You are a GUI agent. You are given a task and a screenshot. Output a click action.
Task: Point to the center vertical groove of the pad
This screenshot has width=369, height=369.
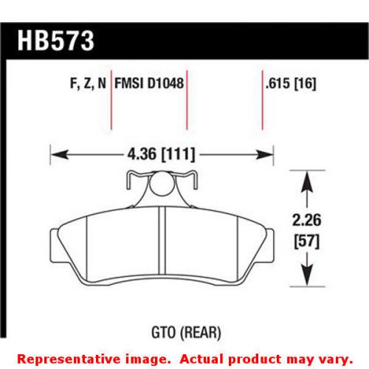(161, 244)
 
